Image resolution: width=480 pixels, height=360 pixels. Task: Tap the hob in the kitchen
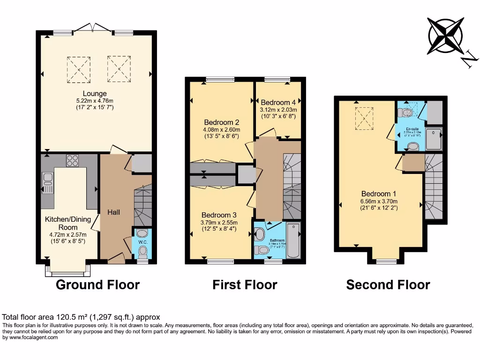[x=73, y=161]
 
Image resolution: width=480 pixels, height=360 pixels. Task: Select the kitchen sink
[x=47, y=182]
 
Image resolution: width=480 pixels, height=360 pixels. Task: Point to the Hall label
[x=113, y=212]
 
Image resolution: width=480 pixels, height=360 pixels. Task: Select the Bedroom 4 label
[x=278, y=102]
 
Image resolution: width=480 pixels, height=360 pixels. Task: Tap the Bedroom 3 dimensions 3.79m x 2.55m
[x=218, y=223]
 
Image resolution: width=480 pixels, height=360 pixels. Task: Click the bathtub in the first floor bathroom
[x=293, y=240]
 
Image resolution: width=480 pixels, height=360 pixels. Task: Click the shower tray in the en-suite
[x=434, y=138]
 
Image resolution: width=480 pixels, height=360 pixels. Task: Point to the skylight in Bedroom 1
[x=364, y=118]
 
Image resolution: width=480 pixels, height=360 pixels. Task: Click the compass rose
[x=446, y=36]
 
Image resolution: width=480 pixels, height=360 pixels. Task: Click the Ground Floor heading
[x=97, y=285]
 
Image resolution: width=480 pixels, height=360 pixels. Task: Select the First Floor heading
[x=245, y=285]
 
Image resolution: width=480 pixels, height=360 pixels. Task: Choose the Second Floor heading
[x=388, y=285]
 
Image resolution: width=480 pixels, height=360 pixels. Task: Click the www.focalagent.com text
[x=34, y=337]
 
